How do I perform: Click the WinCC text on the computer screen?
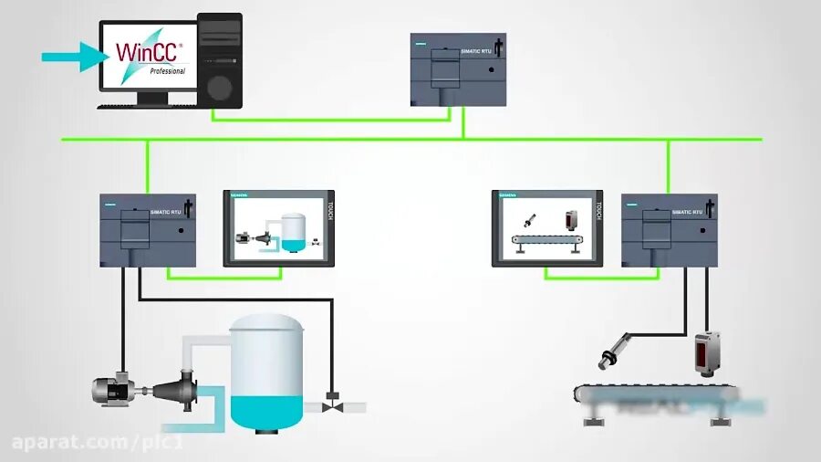[146, 50]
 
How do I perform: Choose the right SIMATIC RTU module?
[669, 230]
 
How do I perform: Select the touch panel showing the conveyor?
[546, 228]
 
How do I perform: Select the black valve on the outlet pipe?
[333, 403]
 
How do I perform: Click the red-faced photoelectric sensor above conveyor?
[707, 352]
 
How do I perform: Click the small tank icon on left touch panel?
[293, 232]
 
